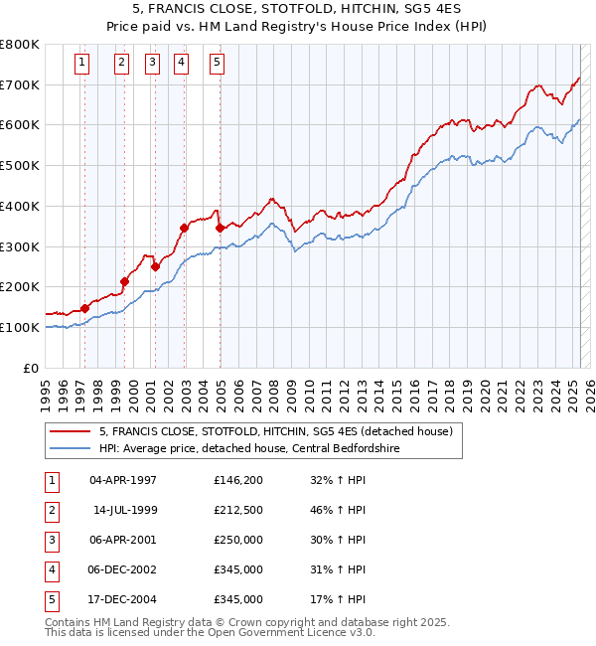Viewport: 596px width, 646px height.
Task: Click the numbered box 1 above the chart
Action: tap(80, 63)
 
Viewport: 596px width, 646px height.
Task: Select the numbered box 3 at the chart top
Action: tap(152, 63)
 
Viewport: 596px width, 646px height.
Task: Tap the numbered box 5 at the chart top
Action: tap(217, 63)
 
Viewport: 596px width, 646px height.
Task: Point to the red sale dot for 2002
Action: tap(184, 229)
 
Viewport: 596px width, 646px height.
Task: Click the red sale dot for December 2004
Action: tap(220, 229)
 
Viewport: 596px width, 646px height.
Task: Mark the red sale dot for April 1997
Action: tap(84, 308)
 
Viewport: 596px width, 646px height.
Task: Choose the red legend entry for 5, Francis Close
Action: tap(276, 430)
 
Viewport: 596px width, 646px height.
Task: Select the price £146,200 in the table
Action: tap(238, 479)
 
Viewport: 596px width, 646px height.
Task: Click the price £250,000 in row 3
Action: tap(238, 539)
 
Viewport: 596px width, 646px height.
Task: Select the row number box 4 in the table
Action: tap(52, 568)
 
